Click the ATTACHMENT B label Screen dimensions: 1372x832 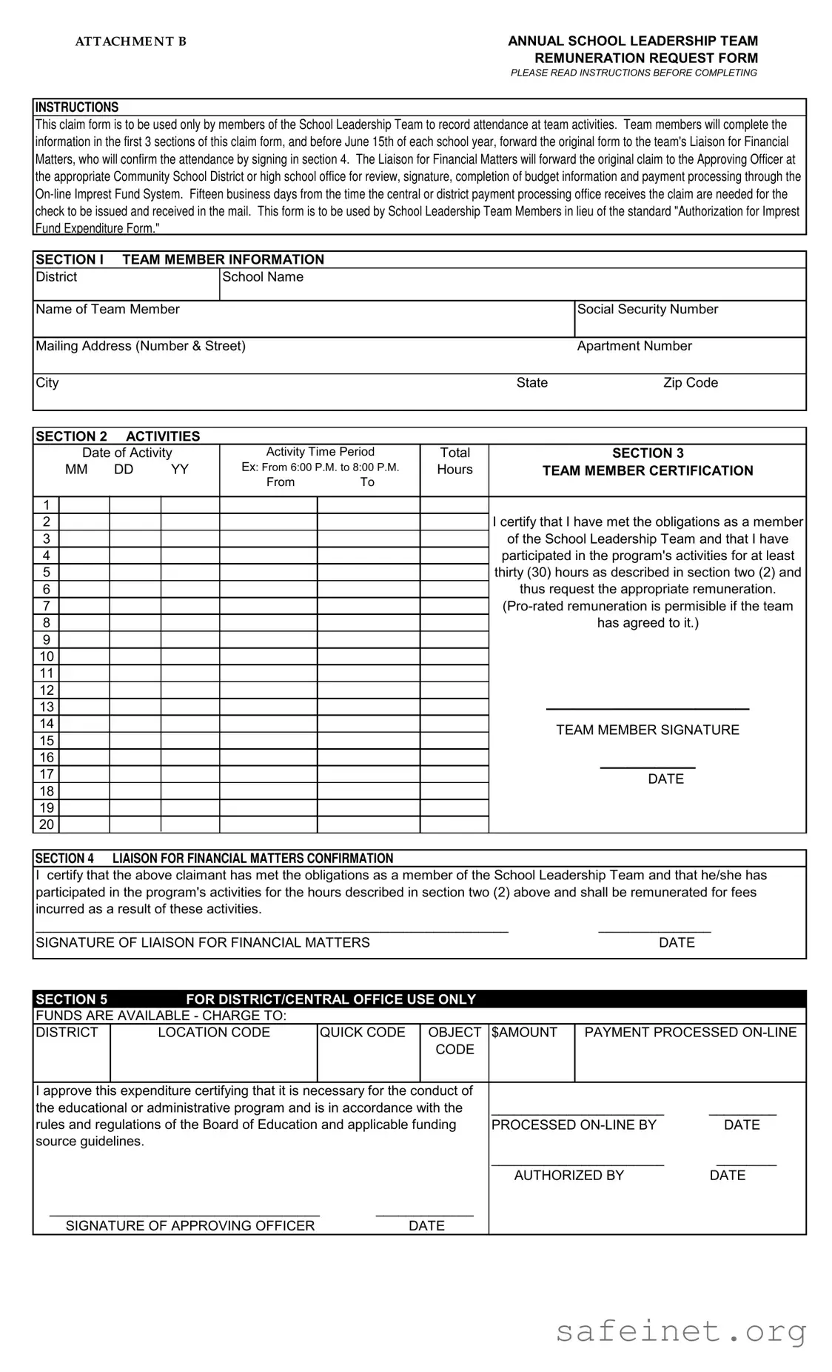click(131, 41)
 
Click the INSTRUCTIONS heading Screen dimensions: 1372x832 click(77, 107)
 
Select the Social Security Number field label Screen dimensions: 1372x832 click(647, 309)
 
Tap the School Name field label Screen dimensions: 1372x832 click(263, 276)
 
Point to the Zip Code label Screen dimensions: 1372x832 click(690, 382)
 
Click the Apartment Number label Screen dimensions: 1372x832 click(634, 345)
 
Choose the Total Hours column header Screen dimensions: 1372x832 click(454, 461)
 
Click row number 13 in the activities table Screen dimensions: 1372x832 click(47, 707)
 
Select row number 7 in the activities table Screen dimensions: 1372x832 click(47, 606)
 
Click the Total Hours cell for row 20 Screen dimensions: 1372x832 click(454, 825)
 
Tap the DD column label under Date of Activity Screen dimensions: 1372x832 click(124, 469)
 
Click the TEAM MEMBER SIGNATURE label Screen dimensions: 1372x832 click(647, 730)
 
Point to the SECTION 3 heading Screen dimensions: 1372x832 click(647, 453)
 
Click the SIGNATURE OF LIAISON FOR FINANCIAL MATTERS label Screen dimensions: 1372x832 click(203, 942)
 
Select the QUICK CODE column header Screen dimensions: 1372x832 click(362, 1032)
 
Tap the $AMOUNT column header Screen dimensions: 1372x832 click(524, 1032)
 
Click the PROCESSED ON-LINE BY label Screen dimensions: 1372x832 click(574, 1125)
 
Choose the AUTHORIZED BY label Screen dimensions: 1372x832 click(568, 1175)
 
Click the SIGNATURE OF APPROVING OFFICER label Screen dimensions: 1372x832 click(190, 1225)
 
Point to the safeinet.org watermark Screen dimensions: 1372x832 click(680, 1331)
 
